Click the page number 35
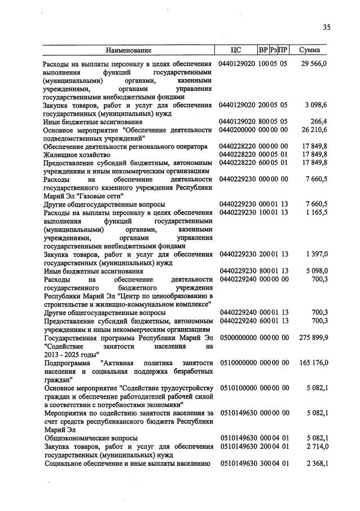click(327, 27)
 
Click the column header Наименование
click(129, 50)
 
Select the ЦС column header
click(236, 50)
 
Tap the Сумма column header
click(310, 50)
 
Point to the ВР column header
click(263, 50)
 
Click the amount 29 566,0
click(314, 64)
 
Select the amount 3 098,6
click(316, 105)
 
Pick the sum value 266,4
click(319, 121)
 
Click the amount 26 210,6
click(314, 129)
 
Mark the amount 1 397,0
click(316, 254)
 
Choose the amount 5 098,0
click(316, 270)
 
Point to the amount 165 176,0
click(313, 362)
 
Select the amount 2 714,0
click(316, 447)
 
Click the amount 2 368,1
click(316, 464)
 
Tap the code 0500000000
click(238, 337)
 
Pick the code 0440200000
click(238, 129)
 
